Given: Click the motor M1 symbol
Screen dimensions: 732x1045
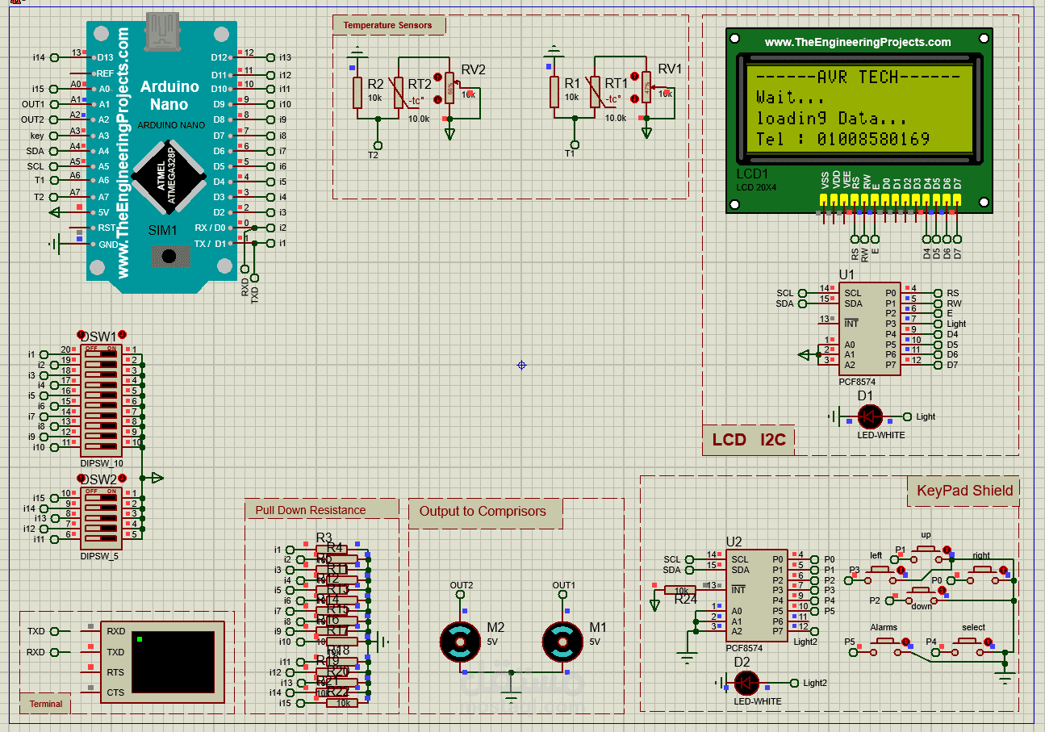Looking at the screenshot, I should point(562,642).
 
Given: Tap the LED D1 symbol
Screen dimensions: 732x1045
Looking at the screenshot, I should point(869,416).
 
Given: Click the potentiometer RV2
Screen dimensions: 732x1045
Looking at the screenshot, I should point(449,89).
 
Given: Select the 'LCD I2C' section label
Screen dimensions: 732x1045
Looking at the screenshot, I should point(748,440).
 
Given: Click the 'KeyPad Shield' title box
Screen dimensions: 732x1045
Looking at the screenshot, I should point(963,490).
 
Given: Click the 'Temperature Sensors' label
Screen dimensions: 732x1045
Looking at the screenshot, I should point(387,25).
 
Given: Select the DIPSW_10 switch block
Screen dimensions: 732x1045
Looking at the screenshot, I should point(102,400).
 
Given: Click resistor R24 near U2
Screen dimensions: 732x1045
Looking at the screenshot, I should point(681,590).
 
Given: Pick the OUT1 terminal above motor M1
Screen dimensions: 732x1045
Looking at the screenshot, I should point(563,596).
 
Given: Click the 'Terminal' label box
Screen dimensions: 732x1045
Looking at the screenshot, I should point(46,704).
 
